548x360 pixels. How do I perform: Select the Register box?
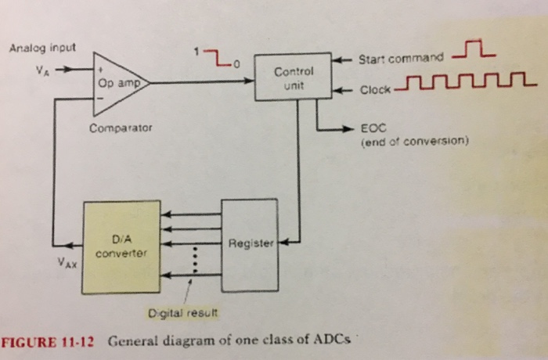[250, 242]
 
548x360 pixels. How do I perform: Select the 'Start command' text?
[400, 59]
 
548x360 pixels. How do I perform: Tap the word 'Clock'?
[375, 89]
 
